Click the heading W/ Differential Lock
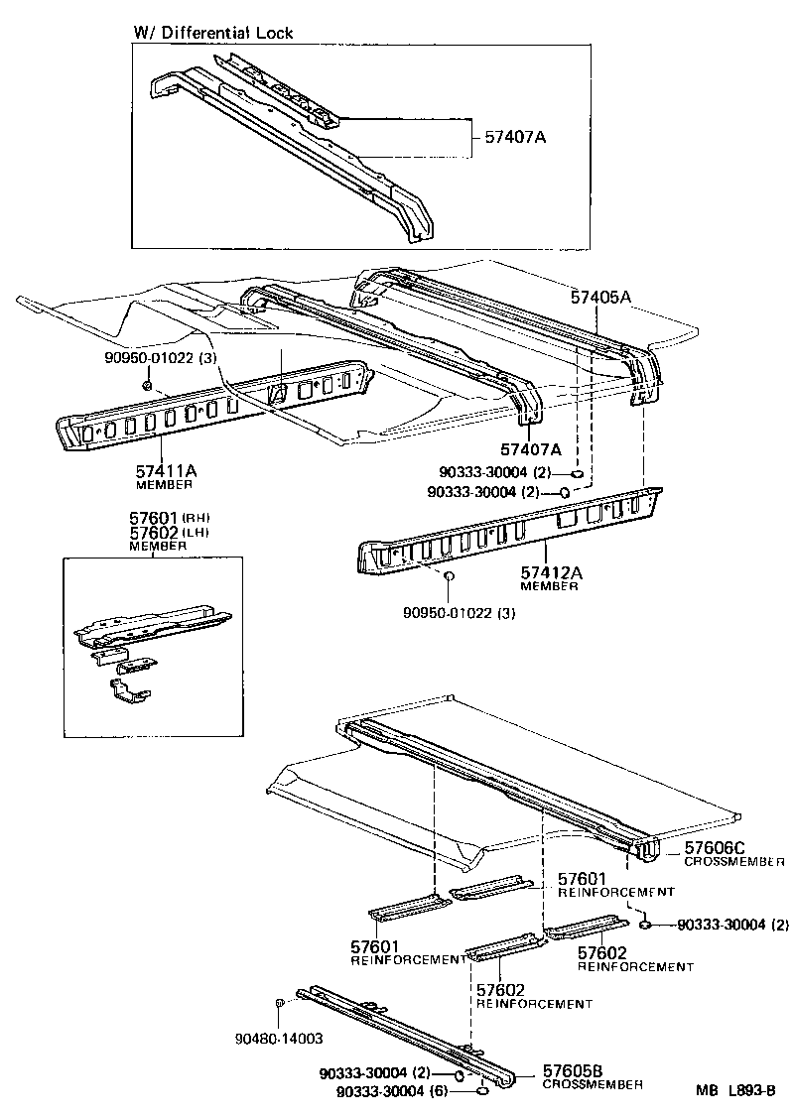point(213,33)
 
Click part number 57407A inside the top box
point(515,137)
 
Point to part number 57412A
point(550,572)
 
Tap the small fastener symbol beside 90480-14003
point(280,1004)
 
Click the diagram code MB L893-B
point(735,1090)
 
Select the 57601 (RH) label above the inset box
point(170,518)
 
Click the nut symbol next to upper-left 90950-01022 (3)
point(146,384)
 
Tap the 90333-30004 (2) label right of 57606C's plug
point(732,926)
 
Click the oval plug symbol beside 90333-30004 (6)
point(480,1091)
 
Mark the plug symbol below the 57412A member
point(448,576)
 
